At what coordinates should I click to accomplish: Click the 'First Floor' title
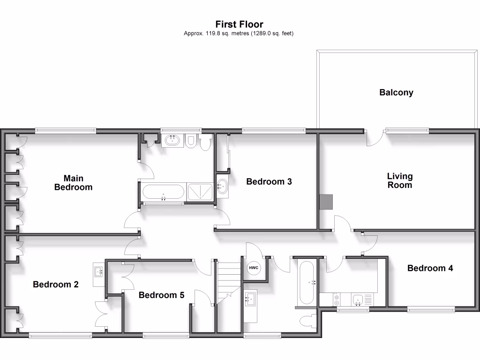pos(239,24)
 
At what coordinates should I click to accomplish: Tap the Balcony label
pos(396,92)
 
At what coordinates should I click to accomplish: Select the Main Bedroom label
pos(73,183)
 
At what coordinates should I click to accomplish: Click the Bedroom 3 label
pos(269,181)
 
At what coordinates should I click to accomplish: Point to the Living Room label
pos(400,180)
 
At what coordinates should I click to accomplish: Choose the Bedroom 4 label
pos(430,268)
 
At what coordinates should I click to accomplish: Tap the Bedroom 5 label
pos(161,295)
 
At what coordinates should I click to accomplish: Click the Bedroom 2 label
pos(56,285)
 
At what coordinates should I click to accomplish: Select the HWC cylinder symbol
pos(254,268)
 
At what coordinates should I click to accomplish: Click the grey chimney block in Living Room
pos(326,202)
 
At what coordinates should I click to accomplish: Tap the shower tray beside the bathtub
pos(200,192)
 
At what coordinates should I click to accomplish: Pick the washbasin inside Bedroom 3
pos(222,186)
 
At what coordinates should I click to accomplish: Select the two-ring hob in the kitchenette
pos(337,300)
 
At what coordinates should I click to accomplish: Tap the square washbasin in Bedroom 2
pos(99,271)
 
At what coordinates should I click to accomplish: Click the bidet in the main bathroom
pos(190,142)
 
